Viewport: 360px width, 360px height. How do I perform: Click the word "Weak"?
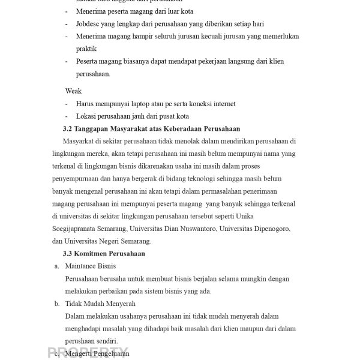click(73, 91)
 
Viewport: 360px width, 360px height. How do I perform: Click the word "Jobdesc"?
click(88, 24)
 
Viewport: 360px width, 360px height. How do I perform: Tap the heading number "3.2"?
click(68, 129)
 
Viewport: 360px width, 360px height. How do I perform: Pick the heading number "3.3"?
click(68, 254)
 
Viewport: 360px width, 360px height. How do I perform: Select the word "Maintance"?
click(82, 266)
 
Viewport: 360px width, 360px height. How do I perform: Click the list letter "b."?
click(57, 304)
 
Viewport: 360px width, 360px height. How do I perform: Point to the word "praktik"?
click(86, 49)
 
